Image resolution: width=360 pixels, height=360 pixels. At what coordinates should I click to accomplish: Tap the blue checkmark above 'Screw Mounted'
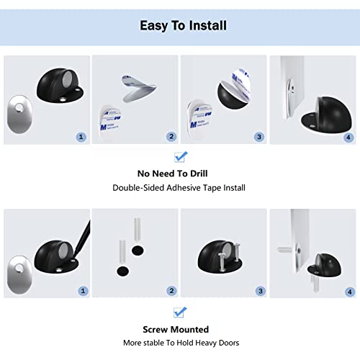(x=180, y=311)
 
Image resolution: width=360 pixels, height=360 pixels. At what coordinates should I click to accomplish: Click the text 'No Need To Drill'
(x=179, y=174)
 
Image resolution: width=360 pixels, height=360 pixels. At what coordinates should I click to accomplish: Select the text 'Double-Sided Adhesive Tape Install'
(x=179, y=188)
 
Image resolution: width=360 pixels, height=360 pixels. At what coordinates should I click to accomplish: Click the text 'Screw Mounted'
(x=179, y=328)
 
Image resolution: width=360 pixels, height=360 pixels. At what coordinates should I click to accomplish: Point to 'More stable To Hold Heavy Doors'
(x=179, y=342)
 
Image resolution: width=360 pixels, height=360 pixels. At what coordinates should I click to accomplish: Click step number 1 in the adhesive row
(x=81, y=136)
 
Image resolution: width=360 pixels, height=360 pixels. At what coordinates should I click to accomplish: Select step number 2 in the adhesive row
(x=171, y=136)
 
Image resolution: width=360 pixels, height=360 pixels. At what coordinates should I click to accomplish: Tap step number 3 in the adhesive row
(x=259, y=136)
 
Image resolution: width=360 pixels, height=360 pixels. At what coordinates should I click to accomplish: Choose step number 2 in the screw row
(x=171, y=291)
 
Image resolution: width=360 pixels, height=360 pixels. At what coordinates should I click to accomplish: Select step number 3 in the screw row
(x=259, y=291)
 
